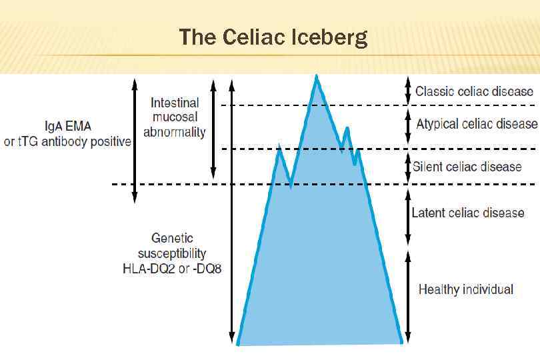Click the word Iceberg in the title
329,37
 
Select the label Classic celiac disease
474,91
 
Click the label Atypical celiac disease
477,124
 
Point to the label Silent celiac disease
467,166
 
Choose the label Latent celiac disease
468,213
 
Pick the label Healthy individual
466,289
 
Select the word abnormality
175,132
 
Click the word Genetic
172,238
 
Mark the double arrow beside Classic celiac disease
408,91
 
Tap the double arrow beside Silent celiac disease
408,167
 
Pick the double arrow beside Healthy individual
408,296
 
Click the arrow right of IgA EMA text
135,140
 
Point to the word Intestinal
175,103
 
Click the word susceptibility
172,253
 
